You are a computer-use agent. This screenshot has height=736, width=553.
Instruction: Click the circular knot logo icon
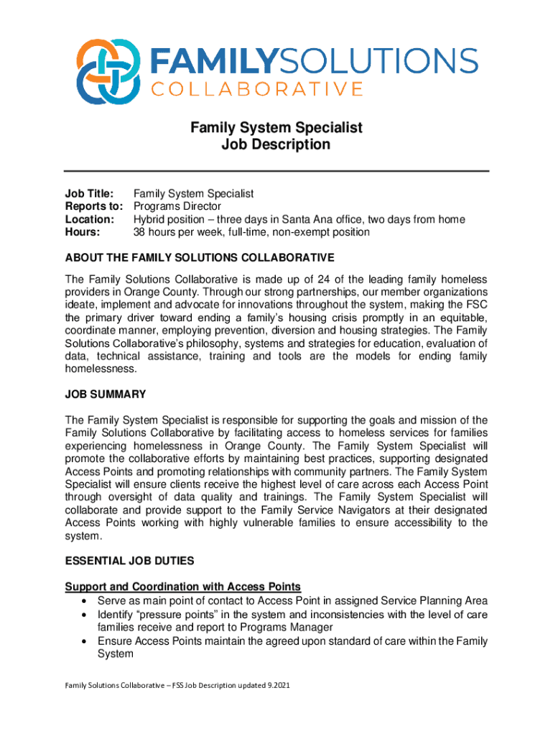click(108, 71)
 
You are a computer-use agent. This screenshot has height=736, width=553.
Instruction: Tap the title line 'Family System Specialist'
click(276, 128)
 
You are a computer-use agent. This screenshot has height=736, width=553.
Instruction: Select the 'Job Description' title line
click(276, 144)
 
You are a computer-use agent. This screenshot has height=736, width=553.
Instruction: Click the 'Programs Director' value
click(177, 207)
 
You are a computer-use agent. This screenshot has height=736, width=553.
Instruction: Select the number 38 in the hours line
click(141, 232)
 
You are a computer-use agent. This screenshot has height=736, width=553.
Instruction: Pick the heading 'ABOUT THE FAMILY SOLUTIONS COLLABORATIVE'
click(200, 257)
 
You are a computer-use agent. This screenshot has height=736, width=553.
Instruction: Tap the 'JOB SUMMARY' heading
click(106, 394)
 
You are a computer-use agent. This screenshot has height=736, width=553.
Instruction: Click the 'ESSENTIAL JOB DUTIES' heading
click(129, 561)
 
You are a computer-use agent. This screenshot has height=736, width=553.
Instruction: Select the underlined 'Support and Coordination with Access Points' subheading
click(182, 586)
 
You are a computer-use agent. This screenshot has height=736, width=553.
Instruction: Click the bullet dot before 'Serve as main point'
click(86, 601)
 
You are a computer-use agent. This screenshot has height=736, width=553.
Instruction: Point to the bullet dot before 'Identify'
click(86, 615)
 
